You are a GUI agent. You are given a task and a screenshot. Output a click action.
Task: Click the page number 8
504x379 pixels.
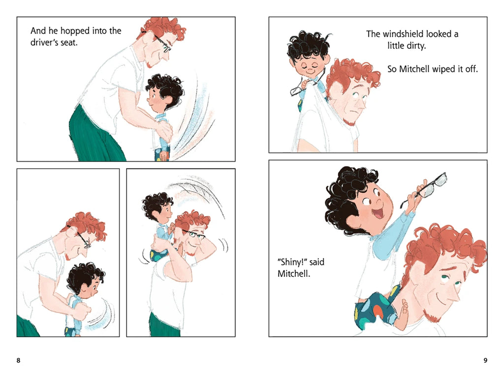18,360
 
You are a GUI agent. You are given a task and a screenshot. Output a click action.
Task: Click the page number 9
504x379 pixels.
485,360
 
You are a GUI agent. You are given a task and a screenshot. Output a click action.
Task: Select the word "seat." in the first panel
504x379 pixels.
68,42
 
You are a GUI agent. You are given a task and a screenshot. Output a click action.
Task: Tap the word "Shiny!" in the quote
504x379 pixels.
292,262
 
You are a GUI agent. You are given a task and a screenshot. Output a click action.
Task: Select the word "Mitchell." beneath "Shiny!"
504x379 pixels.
294,274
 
